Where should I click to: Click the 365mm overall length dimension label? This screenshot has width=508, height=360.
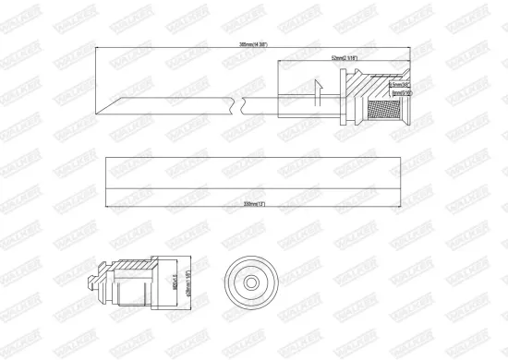[246, 45]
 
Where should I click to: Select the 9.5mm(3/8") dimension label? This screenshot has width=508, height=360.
[400, 85]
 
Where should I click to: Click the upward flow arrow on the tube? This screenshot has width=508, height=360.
[317, 92]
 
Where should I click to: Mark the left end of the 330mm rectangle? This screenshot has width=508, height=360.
[107, 175]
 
